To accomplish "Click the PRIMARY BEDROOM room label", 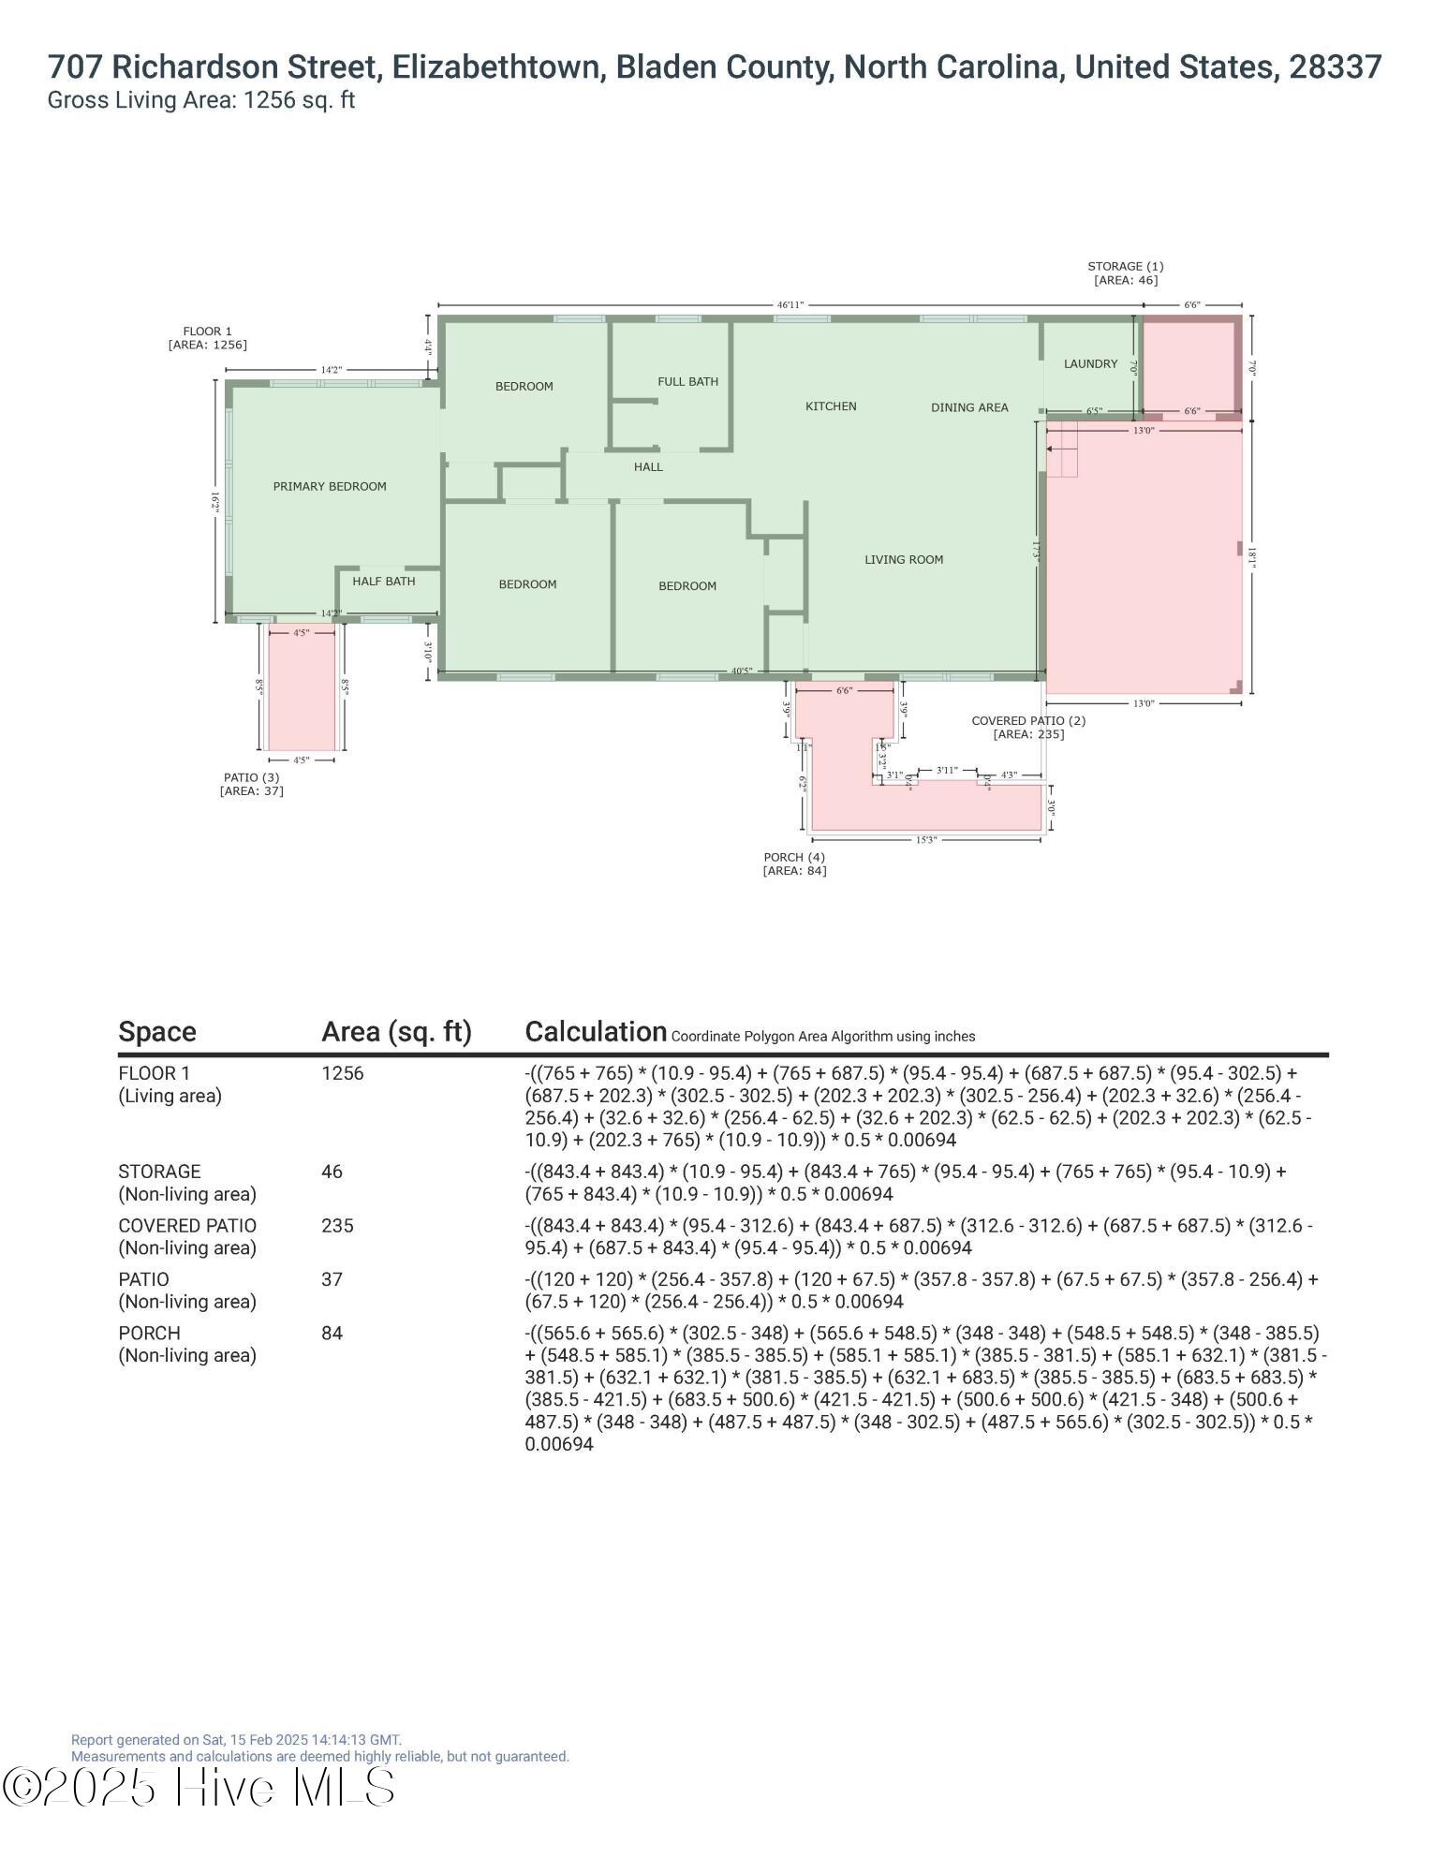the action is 330,486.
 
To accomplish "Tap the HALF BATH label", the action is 384,581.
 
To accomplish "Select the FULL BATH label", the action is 688,381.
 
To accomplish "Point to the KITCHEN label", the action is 831,406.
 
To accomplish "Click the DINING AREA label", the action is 969,407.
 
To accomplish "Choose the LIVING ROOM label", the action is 904,559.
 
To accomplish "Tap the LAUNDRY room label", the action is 1091,363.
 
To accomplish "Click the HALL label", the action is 648,466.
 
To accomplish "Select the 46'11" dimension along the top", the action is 790,304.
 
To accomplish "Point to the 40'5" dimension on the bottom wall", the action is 742,671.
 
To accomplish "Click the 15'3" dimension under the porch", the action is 925,840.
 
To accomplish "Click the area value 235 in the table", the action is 337,1226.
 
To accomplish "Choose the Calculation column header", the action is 596,1031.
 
